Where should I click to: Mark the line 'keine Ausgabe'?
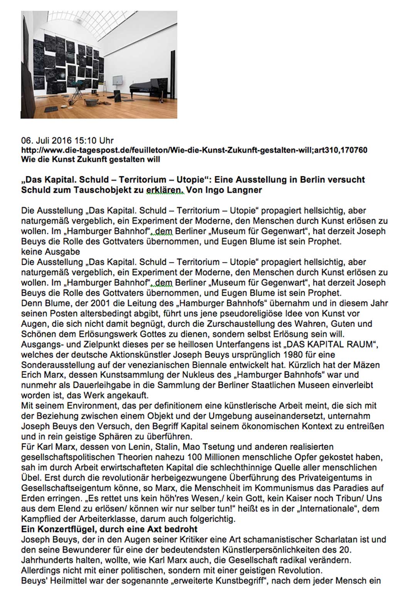(x=51, y=252)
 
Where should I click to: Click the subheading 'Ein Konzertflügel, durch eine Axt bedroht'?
(x=110, y=529)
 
